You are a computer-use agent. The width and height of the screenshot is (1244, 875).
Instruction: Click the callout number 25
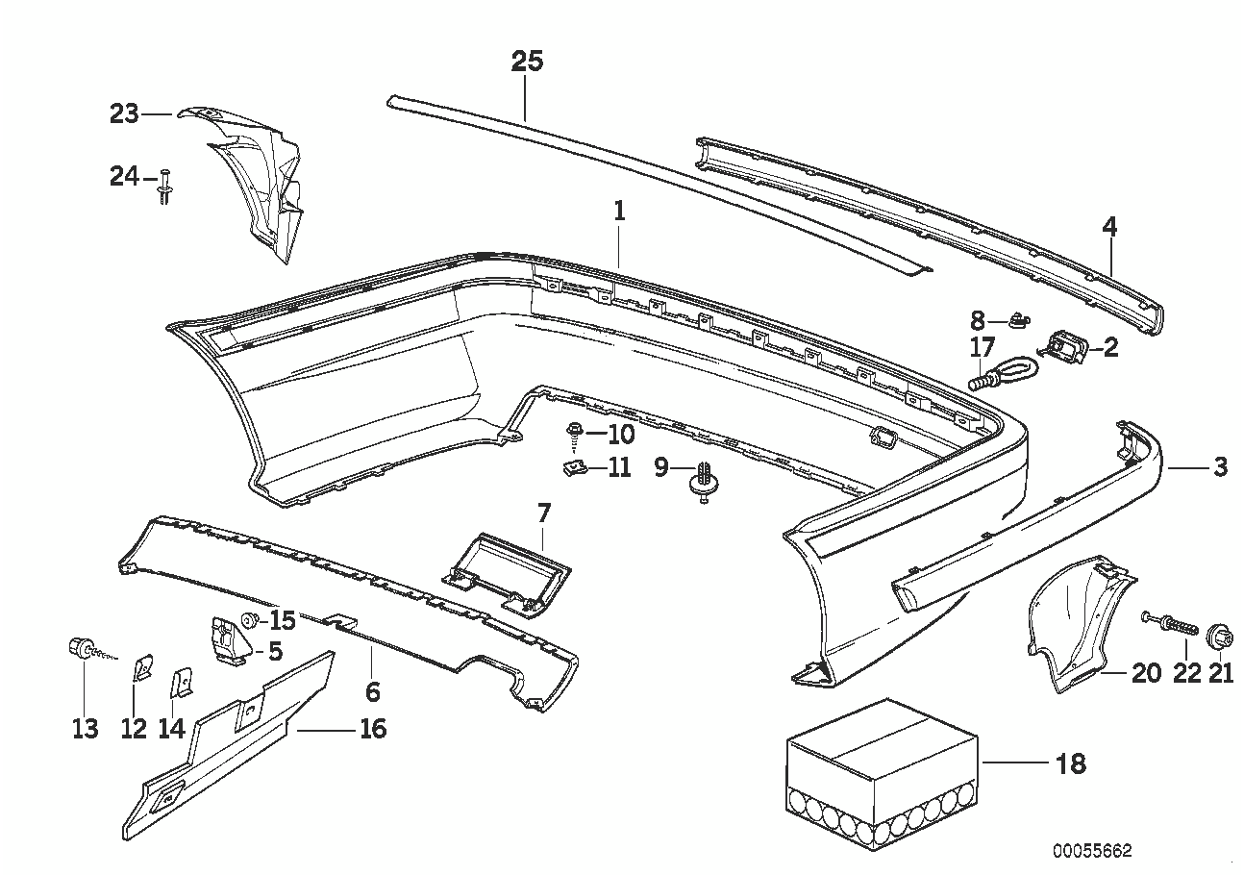tap(527, 62)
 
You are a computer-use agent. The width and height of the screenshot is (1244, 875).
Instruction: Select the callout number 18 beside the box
tap(1070, 764)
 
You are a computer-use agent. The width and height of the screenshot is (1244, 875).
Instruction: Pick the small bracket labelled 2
tap(1062, 346)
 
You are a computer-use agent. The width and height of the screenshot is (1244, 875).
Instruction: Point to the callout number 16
tap(372, 729)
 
